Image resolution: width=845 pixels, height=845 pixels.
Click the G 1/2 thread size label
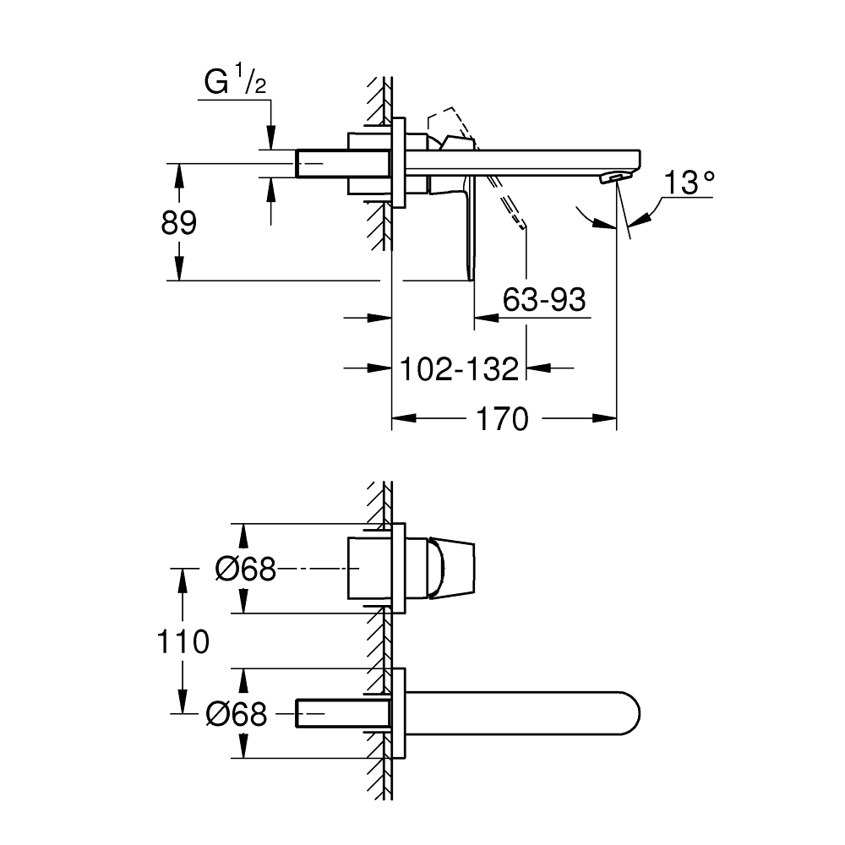(227, 84)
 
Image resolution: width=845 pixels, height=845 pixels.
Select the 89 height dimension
(178, 223)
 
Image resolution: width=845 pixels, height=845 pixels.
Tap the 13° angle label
(689, 183)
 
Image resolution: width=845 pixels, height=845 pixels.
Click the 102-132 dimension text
(458, 368)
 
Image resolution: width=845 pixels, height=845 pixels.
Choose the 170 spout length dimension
(503, 418)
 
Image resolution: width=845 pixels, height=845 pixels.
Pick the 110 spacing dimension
(183, 642)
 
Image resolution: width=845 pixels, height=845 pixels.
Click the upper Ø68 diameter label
(246, 570)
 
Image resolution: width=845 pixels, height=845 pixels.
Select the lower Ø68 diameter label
(237, 715)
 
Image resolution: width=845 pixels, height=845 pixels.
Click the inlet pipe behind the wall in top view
(321, 162)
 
